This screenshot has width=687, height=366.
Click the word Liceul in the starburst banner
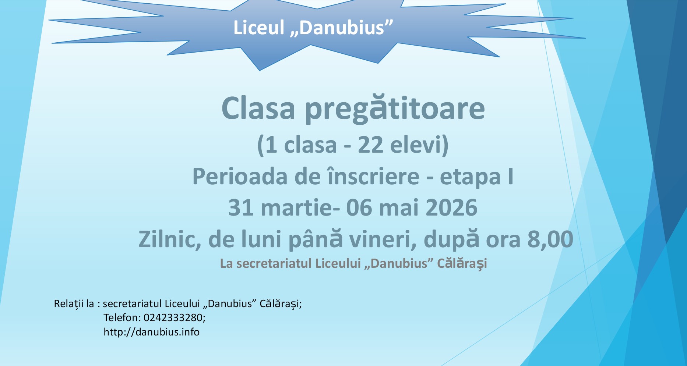pos(259,28)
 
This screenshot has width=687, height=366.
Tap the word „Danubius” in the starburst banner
pos(342,28)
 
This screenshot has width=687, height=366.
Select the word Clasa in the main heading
pos(258,109)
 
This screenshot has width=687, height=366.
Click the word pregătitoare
pos(395,109)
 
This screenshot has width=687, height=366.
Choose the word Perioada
pos(240,177)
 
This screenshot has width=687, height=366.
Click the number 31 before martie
pos(241,208)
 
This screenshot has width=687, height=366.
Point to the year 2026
pos(451,208)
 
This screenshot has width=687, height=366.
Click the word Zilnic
pos(170,239)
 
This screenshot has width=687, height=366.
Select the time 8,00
pos(550,239)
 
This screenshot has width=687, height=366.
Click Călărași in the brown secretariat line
pos(462,264)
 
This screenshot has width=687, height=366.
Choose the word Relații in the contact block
pos(69,304)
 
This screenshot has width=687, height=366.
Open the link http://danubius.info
pos(151,332)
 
